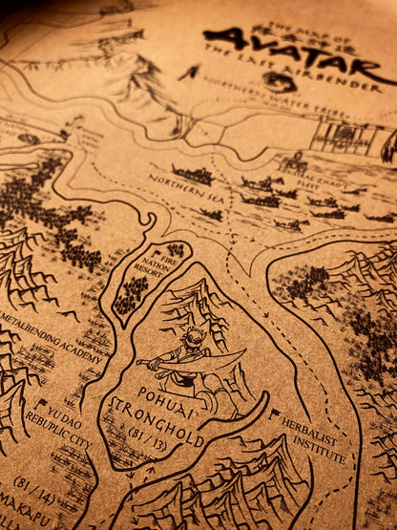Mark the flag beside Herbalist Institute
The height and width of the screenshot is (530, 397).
[275, 416]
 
